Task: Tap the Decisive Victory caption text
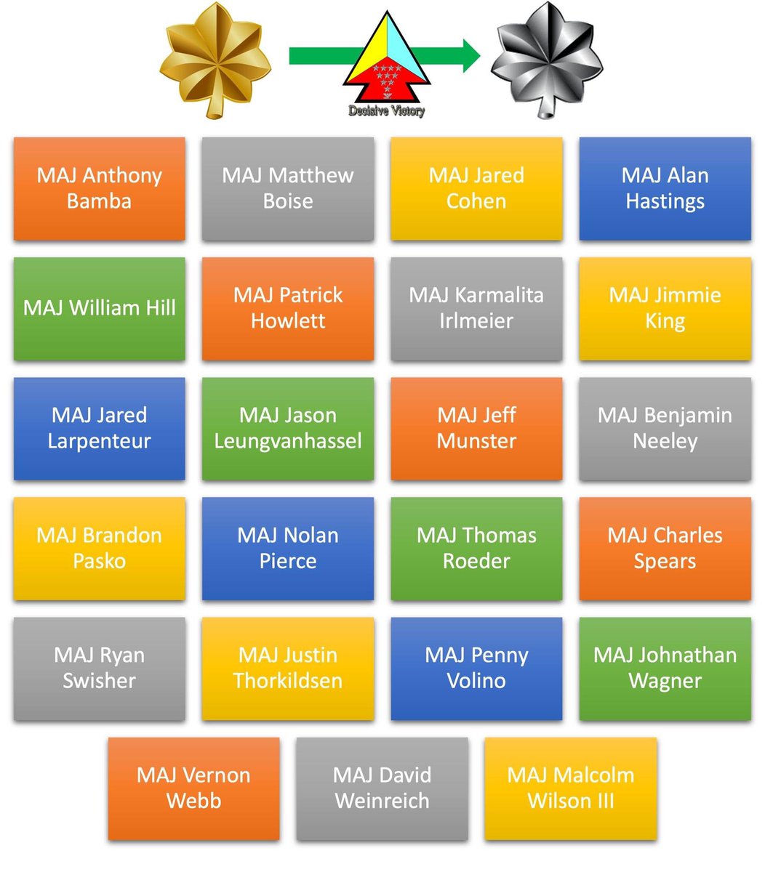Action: click(x=386, y=111)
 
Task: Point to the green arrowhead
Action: click(x=469, y=55)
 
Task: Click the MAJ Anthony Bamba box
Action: click(x=100, y=188)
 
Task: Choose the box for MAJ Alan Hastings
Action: click(x=665, y=188)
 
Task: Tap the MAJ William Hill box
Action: click(x=100, y=308)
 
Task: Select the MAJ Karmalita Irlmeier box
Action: click(x=476, y=308)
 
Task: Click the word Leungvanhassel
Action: click(x=288, y=441)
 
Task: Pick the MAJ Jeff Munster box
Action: click(x=476, y=428)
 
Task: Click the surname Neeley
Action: click(x=665, y=441)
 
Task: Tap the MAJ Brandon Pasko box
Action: click(x=100, y=548)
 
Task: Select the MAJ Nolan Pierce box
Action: click(x=288, y=548)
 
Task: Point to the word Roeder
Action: click(x=476, y=561)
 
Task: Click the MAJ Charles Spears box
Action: click(x=665, y=548)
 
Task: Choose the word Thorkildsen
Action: click(x=288, y=681)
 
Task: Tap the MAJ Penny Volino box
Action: click(x=476, y=668)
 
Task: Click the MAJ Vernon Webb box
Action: click(x=193, y=788)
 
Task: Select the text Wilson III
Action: click(x=571, y=801)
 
